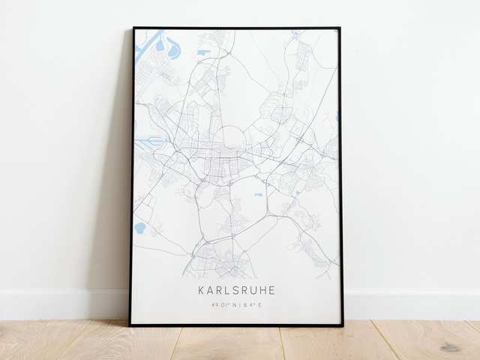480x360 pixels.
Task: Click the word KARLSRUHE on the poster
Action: [236, 289]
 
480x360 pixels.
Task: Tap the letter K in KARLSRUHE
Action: [201, 289]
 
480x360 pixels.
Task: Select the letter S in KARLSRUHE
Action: [237, 289]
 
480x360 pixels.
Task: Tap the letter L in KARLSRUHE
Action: [228, 289]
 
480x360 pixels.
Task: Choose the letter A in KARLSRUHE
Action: [210, 289]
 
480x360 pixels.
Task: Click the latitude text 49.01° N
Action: [223, 304]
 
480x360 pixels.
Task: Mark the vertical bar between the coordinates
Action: [238, 304]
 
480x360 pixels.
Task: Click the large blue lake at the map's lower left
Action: [139, 227]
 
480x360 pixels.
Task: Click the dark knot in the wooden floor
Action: [451, 346]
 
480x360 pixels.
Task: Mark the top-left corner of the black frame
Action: [133, 28]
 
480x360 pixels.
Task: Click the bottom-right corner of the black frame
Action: [342, 325]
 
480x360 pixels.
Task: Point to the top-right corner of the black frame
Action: [340, 28]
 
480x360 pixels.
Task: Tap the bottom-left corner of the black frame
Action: [130, 325]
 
